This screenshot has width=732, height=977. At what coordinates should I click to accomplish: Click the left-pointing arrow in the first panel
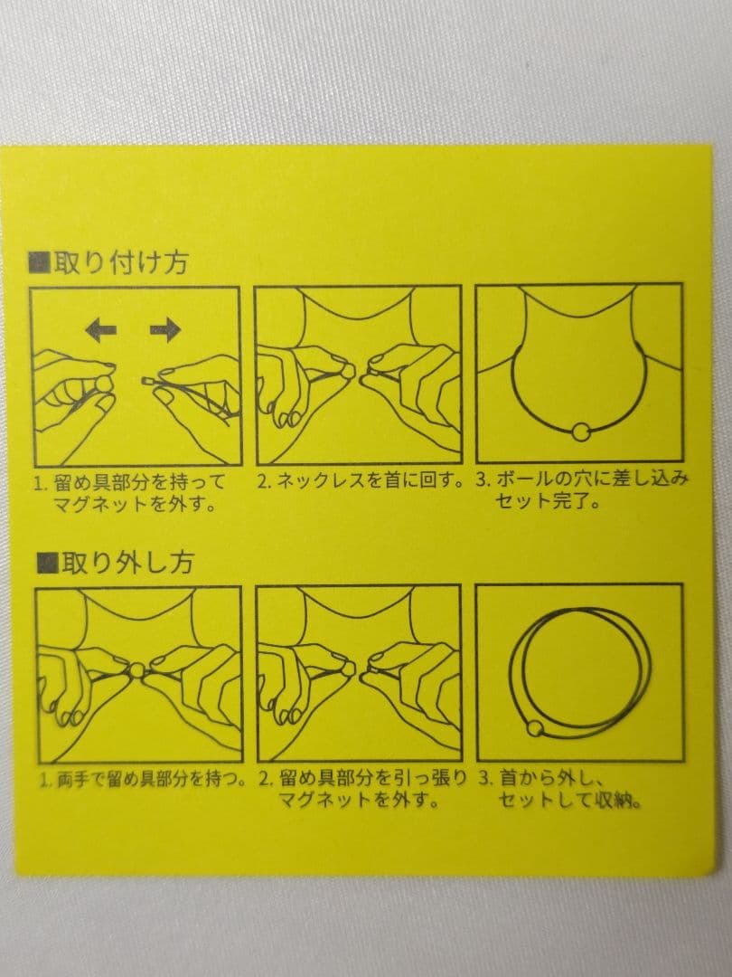pos(101,329)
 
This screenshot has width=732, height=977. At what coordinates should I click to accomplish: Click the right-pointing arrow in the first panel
pos(165,329)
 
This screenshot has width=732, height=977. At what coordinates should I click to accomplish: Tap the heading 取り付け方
pos(121,263)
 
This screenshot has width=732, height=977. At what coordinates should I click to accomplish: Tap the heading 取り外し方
pos(127,563)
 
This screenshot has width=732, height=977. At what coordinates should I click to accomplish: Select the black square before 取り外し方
pos(47,563)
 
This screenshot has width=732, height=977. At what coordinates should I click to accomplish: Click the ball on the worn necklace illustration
pos(580,431)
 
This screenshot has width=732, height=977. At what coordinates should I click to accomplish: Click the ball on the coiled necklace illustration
pos(535,727)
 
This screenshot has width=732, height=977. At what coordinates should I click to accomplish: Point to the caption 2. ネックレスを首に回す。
pos(361,481)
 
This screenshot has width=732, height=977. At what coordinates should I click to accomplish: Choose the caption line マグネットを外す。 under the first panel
pos(135,504)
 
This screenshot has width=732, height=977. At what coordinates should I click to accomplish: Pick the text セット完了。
pos(547,501)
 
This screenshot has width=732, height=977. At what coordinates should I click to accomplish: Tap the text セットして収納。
pos(570,800)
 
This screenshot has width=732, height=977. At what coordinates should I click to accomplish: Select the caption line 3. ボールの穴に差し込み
pos(583,479)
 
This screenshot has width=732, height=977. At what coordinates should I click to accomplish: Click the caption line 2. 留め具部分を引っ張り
pos(362,779)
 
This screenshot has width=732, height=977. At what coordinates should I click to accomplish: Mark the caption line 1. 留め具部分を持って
pos(129,482)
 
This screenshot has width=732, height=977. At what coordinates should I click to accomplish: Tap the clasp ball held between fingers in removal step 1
pos(136,670)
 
